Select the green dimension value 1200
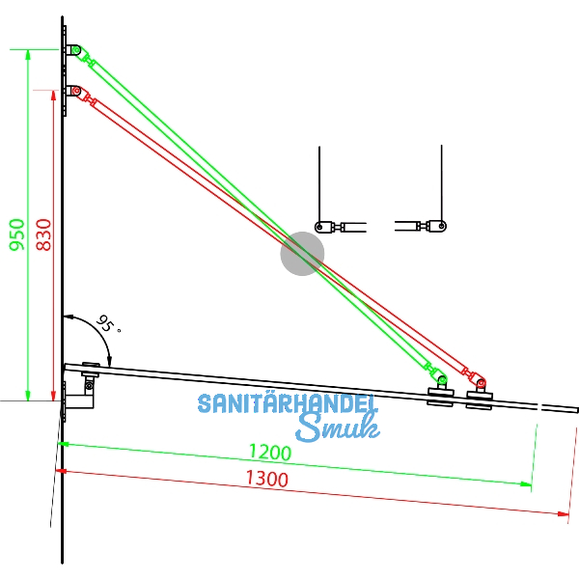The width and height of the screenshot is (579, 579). pos(270,451)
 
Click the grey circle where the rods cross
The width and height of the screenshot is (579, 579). pos(302,254)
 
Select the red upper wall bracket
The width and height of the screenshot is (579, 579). pos(74,92)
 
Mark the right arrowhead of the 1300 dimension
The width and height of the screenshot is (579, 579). pos(566,514)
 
